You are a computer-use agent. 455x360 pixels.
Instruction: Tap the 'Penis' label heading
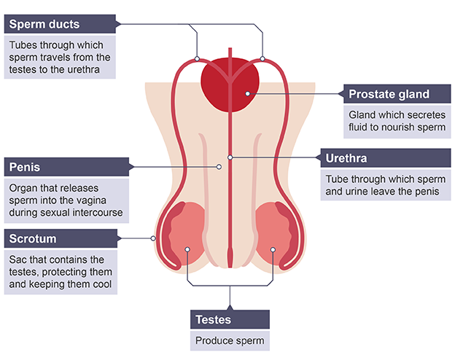point(26,167)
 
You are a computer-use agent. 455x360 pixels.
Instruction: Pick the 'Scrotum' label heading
point(32,238)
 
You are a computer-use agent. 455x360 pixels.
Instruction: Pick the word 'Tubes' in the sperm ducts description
point(23,44)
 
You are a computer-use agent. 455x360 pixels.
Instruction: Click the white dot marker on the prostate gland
point(248,93)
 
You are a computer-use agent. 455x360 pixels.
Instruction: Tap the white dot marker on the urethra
point(230,157)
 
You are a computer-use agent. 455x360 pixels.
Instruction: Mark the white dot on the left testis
point(187,249)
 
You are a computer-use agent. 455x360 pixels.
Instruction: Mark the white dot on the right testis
point(273,249)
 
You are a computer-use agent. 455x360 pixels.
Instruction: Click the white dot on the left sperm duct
point(197,58)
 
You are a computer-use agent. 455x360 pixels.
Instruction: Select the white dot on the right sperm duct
point(262,58)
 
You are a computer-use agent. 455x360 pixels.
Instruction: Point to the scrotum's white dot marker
point(152,238)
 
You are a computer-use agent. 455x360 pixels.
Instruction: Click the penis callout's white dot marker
point(219,167)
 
